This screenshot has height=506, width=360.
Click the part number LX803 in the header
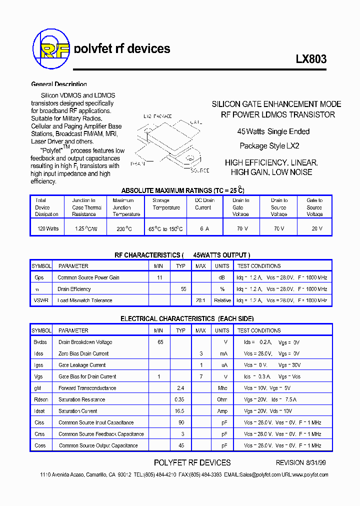pos(311,59)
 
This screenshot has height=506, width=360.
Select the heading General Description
pos(59,84)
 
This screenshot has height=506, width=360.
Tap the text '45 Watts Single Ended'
pos(273,131)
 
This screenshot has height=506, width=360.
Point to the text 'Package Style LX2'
pos(269,146)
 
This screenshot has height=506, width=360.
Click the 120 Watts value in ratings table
pos(48,228)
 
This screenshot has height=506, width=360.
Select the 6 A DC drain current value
pos(204,228)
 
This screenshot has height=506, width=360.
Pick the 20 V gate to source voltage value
pos(314,228)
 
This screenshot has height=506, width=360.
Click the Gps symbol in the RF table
pos(39,277)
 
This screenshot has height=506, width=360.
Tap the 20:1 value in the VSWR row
pos(200,300)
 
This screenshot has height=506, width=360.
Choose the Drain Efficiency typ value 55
pos(183,289)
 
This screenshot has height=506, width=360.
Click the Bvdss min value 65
pos(160,342)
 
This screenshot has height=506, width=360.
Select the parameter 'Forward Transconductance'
pos(87,388)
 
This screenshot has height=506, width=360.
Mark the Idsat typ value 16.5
pos(179,411)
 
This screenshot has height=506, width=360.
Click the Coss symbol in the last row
pos(40,445)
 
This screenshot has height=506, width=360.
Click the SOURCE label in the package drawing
pos(200,170)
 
